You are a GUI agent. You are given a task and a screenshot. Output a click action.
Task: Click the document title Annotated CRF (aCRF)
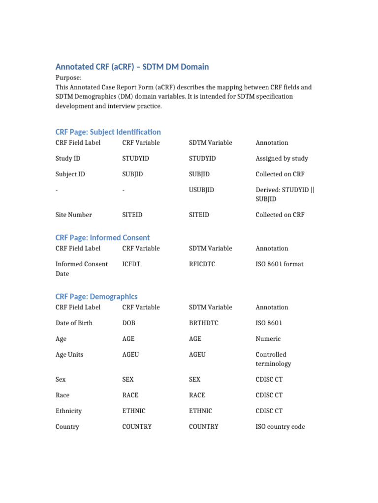[x=132, y=67]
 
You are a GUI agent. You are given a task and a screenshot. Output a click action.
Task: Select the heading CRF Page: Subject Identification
[x=108, y=132]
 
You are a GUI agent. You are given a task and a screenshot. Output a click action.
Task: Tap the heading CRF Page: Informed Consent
[x=102, y=238]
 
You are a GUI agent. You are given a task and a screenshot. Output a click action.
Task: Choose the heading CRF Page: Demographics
[x=96, y=297]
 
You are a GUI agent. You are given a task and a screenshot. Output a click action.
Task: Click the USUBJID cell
[x=201, y=190]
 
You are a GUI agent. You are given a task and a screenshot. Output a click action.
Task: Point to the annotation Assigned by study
[x=282, y=158]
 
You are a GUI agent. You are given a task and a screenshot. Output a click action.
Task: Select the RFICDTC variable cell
[x=202, y=264]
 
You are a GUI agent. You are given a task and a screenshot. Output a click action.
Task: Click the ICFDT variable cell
[x=131, y=264]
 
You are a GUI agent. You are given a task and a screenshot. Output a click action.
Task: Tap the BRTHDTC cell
[x=202, y=323]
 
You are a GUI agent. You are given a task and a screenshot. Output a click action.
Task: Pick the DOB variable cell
[x=128, y=323]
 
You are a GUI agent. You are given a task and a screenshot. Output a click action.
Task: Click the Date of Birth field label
[x=74, y=323]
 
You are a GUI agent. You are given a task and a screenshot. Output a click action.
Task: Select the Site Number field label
[x=73, y=215]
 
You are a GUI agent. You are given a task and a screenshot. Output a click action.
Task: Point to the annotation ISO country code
[x=280, y=426]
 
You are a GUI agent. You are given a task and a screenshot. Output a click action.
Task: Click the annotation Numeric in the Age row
[x=268, y=338]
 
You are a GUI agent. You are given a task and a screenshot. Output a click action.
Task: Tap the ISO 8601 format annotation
[x=279, y=264]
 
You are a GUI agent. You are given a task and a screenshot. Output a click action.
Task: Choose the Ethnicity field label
[x=68, y=411]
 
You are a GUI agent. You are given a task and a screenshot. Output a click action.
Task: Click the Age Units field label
[x=69, y=354]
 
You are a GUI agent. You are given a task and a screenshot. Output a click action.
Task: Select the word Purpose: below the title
[x=68, y=78]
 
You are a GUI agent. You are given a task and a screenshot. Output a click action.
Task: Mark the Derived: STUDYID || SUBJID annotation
[x=284, y=194]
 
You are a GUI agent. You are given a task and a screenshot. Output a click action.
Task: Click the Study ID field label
[x=67, y=158]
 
